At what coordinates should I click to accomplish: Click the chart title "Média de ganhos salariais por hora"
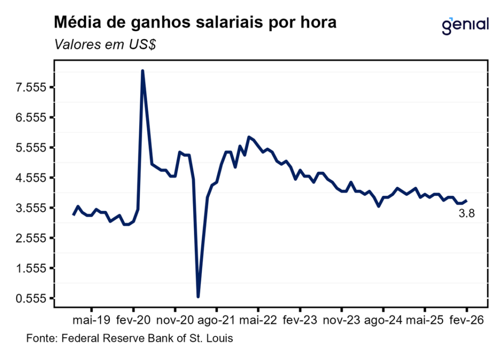(195, 23)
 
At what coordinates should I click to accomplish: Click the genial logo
(465, 25)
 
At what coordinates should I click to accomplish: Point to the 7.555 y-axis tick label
(31, 88)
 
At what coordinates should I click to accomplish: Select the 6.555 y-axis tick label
(31, 118)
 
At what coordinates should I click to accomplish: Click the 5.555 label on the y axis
(31, 148)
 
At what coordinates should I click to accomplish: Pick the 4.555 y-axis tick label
(31, 178)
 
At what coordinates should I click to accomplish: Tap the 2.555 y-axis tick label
(31, 238)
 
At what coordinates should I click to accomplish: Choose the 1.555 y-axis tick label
(31, 268)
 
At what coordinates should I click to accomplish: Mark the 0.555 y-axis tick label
(31, 298)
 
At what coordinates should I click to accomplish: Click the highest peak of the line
(142, 71)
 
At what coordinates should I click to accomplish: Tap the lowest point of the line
(198, 297)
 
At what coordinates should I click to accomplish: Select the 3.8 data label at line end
(466, 213)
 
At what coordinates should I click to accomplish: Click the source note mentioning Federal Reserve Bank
(130, 339)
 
